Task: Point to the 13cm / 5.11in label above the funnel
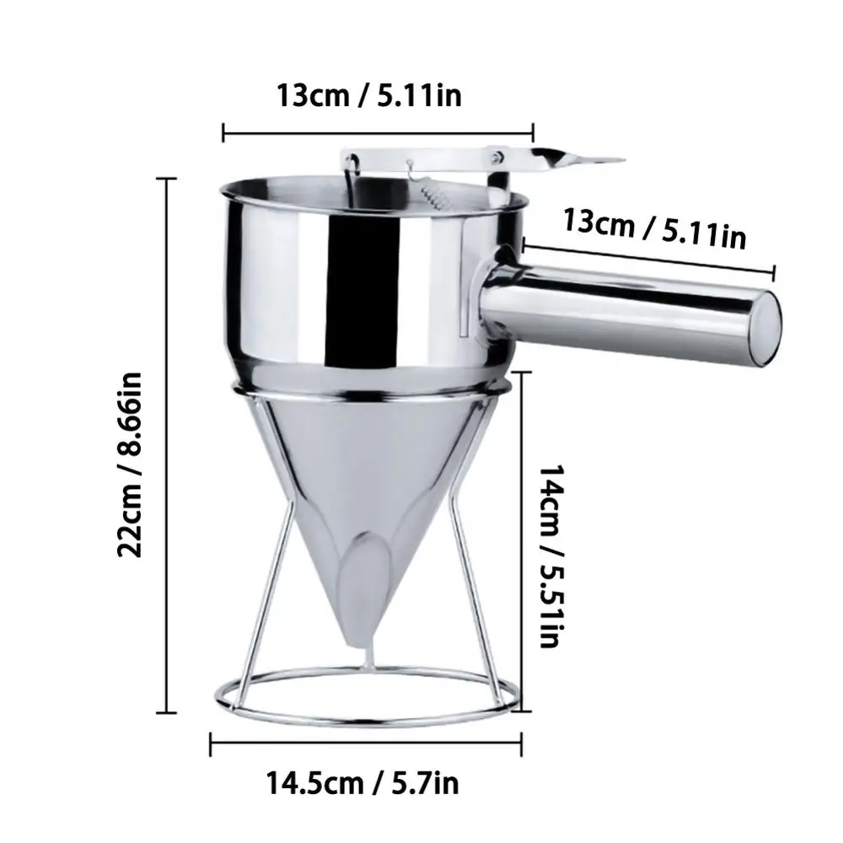pos(369,95)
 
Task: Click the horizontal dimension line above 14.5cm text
pos(368,742)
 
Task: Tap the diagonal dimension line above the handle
pos(649,258)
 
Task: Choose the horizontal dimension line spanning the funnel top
pos(378,132)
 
